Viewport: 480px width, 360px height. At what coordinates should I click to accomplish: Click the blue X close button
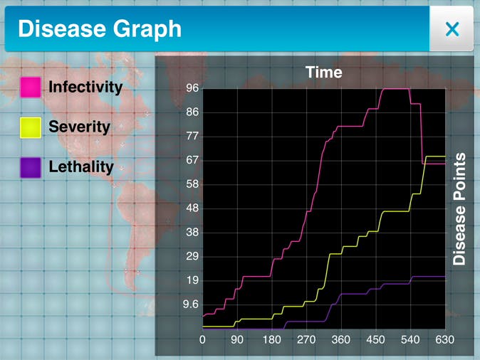(x=452, y=29)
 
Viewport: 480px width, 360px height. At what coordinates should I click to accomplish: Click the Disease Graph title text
(x=100, y=29)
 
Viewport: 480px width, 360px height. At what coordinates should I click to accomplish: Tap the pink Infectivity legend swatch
(x=31, y=88)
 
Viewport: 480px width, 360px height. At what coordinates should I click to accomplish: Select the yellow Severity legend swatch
(x=31, y=127)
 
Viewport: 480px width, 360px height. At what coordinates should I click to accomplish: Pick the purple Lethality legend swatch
(x=31, y=168)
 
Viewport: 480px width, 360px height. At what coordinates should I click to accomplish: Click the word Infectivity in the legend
(x=85, y=88)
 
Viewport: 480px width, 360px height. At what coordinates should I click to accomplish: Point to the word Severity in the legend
(x=79, y=127)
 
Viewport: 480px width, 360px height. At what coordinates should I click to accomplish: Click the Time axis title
(x=324, y=72)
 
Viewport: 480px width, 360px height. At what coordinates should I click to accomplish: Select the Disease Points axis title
(x=459, y=209)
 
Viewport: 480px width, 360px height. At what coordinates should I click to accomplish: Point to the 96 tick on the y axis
(x=192, y=88)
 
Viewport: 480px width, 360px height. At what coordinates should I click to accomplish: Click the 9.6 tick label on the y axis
(x=191, y=305)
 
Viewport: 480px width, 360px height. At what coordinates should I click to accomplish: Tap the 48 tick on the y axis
(x=192, y=208)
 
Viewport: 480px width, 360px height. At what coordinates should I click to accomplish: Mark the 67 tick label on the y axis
(x=192, y=160)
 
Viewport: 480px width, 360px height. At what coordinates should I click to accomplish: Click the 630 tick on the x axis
(x=444, y=340)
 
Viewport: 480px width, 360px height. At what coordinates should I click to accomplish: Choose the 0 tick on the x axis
(x=203, y=340)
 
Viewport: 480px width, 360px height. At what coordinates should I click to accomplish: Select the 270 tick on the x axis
(x=306, y=340)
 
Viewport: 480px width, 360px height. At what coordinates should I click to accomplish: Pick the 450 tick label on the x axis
(x=375, y=340)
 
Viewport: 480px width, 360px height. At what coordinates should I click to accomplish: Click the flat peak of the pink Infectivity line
(x=396, y=89)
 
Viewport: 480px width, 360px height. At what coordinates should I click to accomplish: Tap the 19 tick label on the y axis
(x=192, y=280)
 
